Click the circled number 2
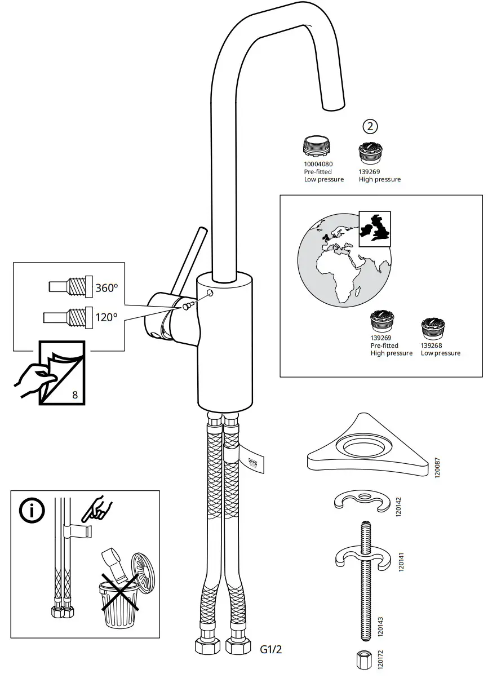pyautogui.click(x=370, y=126)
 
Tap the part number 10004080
pyautogui.click(x=318, y=164)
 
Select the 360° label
pyautogui.click(x=107, y=287)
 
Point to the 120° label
pyautogui.click(x=107, y=317)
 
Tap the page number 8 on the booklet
pyautogui.click(x=75, y=394)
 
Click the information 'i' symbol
pyautogui.click(x=32, y=511)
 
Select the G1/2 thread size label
pyautogui.click(x=270, y=650)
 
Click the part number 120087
pyautogui.click(x=437, y=467)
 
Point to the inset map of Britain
pyautogui.click(x=375, y=228)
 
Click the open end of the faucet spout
pyautogui.click(x=333, y=107)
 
